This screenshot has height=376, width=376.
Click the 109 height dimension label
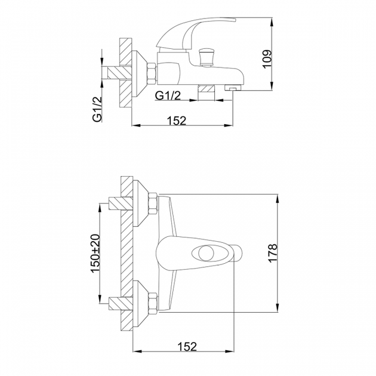pos(267,59)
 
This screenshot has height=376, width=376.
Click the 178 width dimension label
pos(273,253)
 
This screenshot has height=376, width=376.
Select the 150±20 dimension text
pos(95,253)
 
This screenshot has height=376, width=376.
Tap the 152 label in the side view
pos(177,121)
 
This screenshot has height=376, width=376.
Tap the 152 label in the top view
pos(187,347)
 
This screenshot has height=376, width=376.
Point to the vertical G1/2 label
pos(98,109)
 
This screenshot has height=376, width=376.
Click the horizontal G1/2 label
pos(168,95)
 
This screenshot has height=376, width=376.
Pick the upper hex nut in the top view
pos(153,204)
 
